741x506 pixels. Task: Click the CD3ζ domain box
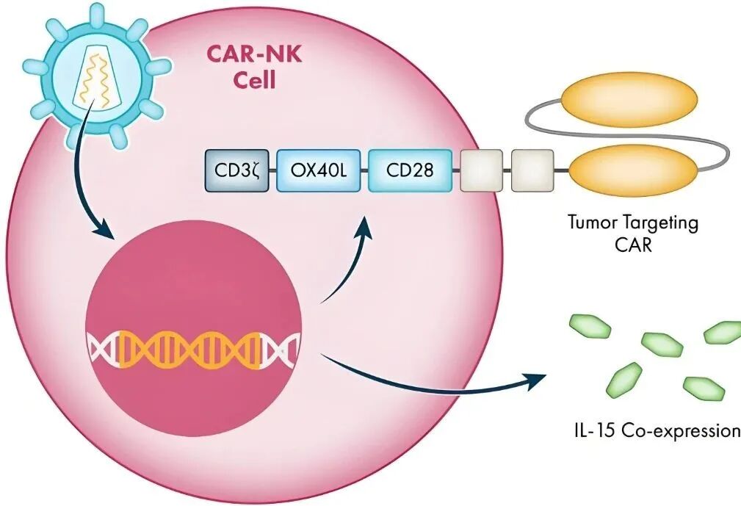tap(234, 170)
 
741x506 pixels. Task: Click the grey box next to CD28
tap(481, 170)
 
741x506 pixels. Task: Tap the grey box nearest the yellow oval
tap(532, 170)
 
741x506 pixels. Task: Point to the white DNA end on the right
tap(282, 348)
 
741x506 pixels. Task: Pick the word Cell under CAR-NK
tap(255, 79)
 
